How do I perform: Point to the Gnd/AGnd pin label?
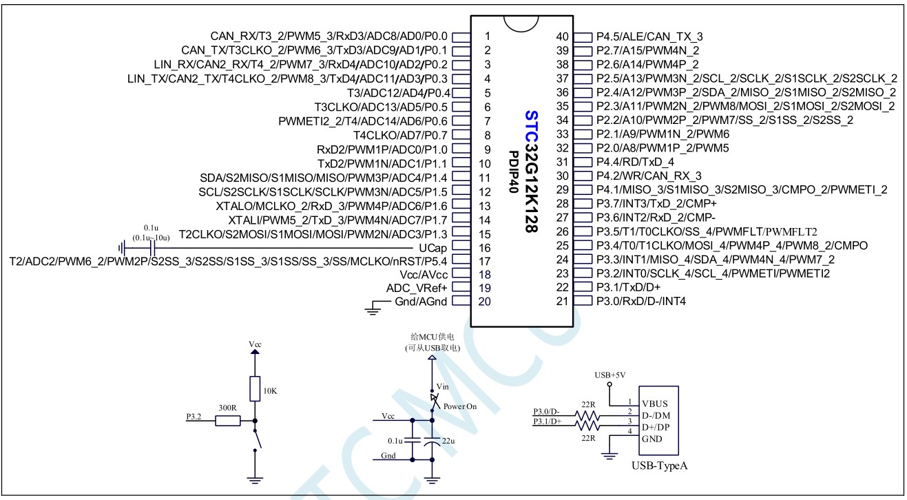tap(421, 302)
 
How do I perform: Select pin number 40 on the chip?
tap(563, 36)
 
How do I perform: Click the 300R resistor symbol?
tap(227, 420)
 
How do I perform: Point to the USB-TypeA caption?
tap(659, 466)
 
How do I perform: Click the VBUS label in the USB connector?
tap(654, 403)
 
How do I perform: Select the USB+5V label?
tap(609, 375)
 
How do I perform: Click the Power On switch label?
tap(460, 406)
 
